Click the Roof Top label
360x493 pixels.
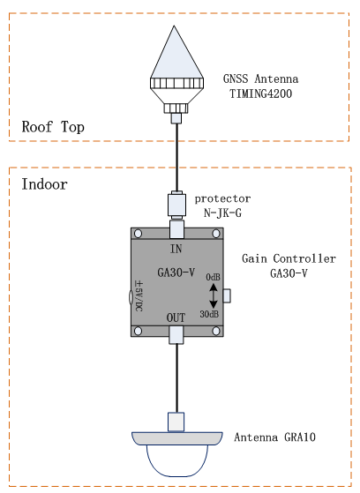53,127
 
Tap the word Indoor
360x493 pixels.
44,184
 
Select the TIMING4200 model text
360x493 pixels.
260,93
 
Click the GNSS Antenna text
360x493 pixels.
260,78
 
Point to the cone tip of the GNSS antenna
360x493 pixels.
174,26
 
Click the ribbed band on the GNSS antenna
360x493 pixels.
176,83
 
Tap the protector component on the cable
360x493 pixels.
176,205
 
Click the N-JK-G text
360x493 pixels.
222,213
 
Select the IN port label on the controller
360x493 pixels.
176,249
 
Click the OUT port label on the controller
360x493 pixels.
176,317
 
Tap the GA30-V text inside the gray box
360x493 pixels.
176,273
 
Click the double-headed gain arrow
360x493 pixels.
214,295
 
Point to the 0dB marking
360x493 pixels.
213,277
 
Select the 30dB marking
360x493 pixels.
209,314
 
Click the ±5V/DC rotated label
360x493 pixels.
139,295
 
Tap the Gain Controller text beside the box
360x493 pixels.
289,258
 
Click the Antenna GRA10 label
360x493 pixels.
274,437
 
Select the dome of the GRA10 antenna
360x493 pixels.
177,460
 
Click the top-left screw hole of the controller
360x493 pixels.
138,234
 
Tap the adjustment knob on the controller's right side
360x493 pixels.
227,295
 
